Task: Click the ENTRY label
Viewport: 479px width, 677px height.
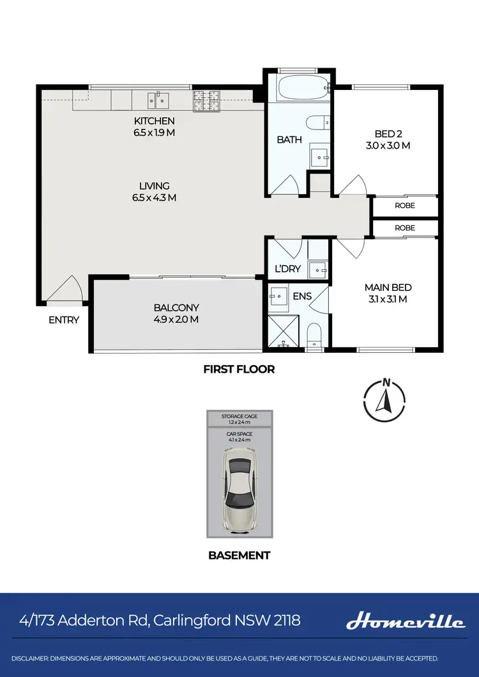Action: [64, 320]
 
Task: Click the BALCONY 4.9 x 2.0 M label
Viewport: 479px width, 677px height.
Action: [176, 313]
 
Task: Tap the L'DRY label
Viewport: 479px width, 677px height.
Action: [287, 269]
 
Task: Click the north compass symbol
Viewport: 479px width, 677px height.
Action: [385, 399]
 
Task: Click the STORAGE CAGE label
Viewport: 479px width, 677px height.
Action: [240, 416]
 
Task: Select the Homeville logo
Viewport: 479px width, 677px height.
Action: [406, 621]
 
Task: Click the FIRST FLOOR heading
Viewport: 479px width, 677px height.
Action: [239, 369]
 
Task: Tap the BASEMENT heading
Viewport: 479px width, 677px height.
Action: [240, 555]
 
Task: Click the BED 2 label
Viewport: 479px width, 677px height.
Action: [388, 134]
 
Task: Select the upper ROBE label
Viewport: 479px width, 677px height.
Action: [405, 205]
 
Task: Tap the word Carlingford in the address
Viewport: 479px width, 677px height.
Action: [203, 620]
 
